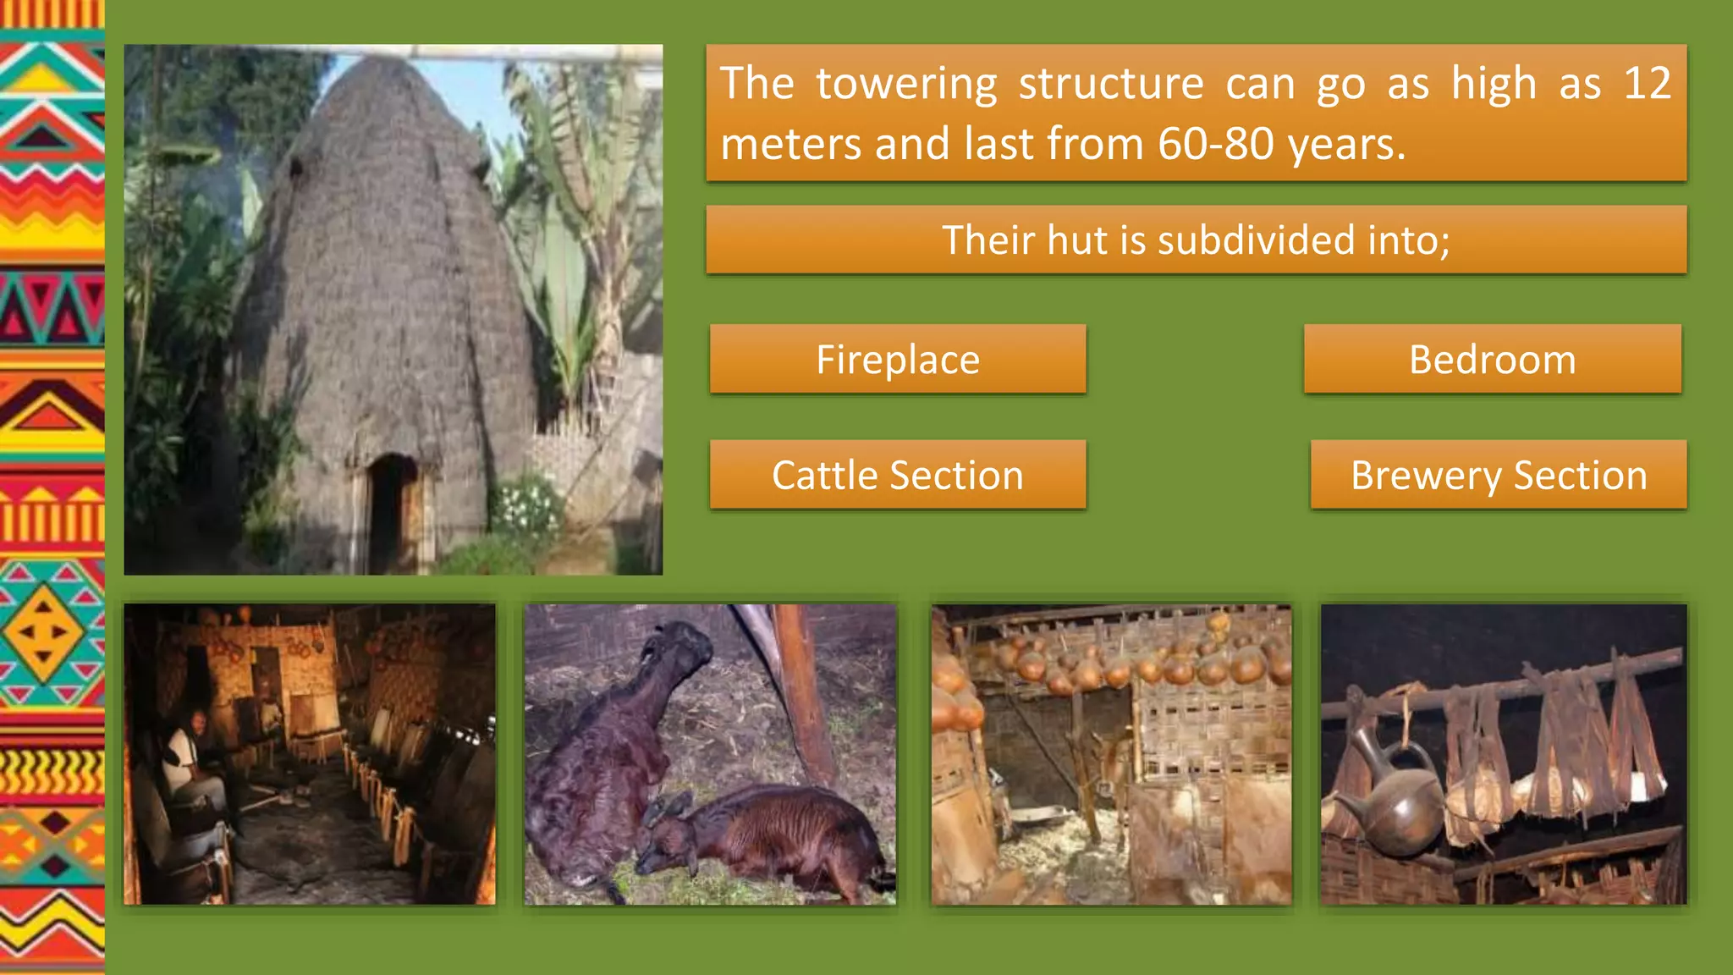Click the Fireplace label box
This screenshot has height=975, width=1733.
[898, 359]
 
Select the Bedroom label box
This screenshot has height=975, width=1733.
[1492, 359]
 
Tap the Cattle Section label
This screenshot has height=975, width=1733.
[898, 475]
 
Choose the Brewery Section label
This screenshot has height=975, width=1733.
[1499, 475]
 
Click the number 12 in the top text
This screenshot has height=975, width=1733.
[1646, 84]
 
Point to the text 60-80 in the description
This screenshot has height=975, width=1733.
[1215, 144]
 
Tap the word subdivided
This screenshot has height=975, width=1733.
[1257, 240]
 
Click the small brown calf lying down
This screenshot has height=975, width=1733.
[762, 834]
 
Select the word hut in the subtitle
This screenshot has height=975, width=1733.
[1077, 240]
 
